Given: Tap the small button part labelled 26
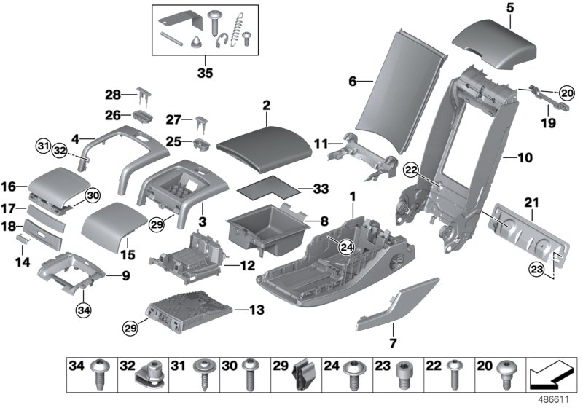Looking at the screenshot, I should (141, 117).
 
